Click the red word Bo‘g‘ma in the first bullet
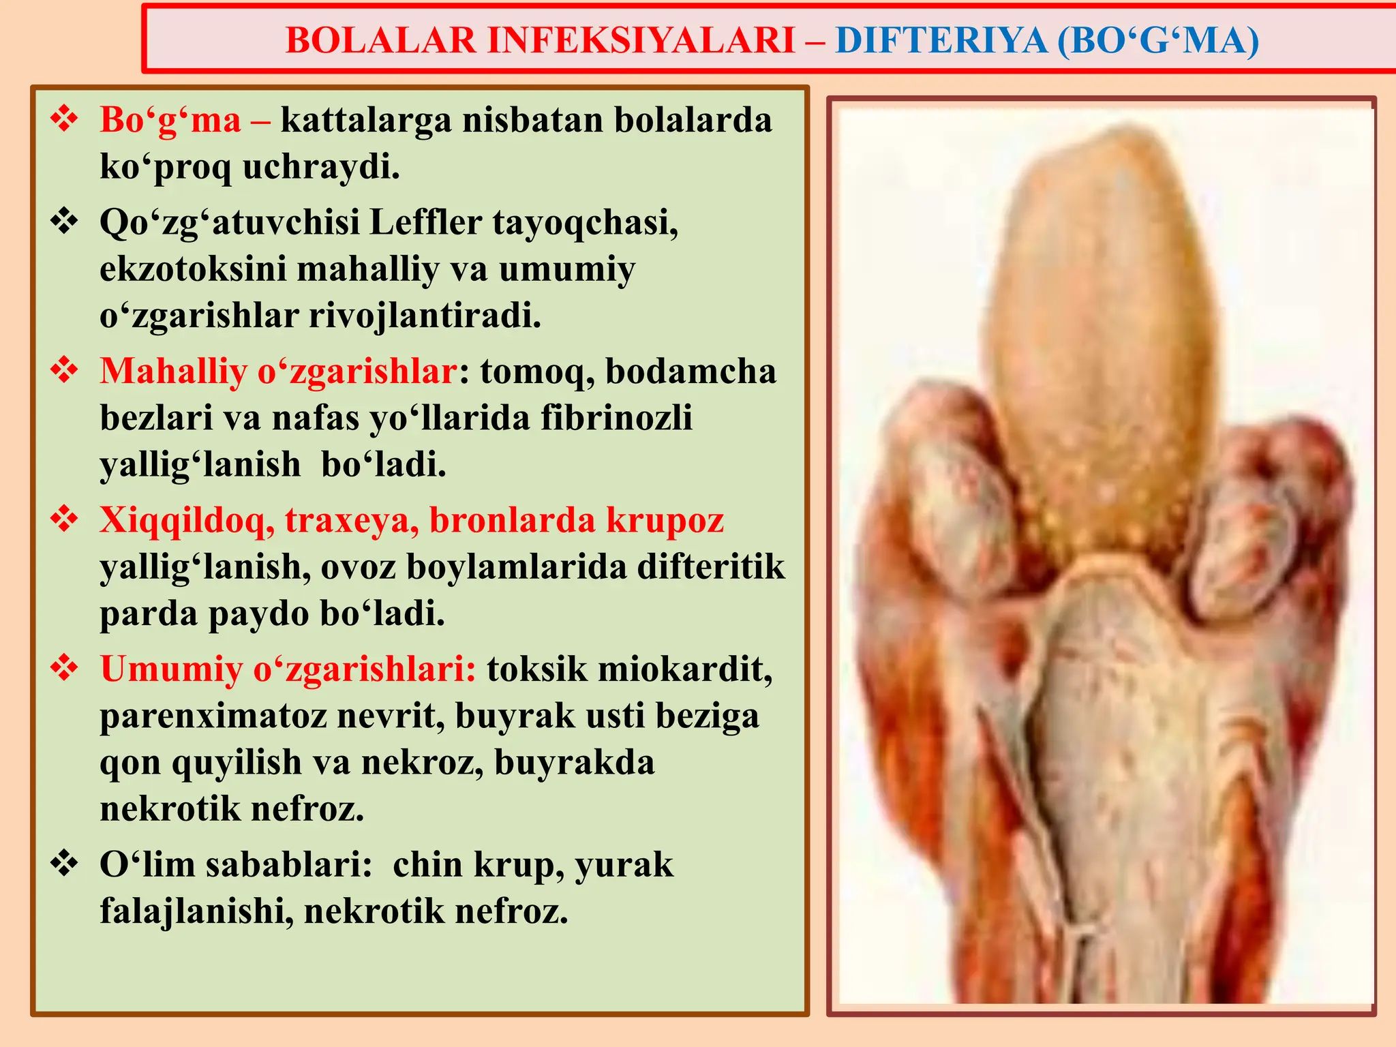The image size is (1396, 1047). [170, 120]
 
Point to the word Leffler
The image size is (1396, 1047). [425, 222]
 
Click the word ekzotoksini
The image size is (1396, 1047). [193, 269]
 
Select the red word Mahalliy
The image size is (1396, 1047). [173, 371]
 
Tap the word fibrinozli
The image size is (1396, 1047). [616, 418]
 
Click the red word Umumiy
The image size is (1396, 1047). [171, 669]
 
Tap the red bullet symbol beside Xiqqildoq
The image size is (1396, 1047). [65, 519]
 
